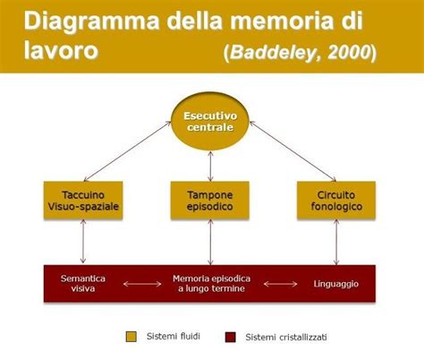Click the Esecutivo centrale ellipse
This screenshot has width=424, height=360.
pyautogui.click(x=210, y=122)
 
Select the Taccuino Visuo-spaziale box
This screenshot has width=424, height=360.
pyautogui.click(x=82, y=201)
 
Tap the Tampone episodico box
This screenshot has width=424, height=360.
pyautogui.click(x=209, y=201)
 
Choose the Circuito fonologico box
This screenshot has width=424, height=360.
pyautogui.click(x=336, y=201)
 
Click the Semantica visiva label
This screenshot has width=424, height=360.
pyautogui.click(x=83, y=283)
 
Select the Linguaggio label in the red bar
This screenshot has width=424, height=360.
pyautogui.click(x=336, y=283)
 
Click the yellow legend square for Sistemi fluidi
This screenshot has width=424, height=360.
pyautogui.click(x=130, y=337)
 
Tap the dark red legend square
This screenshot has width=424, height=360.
pyautogui.click(x=230, y=337)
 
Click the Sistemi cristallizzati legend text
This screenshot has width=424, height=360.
pyautogui.click(x=284, y=337)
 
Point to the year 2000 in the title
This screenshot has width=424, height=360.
pyautogui.click(x=352, y=51)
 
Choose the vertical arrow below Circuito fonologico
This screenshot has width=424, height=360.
pyautogui.click(x=336, y=242)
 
